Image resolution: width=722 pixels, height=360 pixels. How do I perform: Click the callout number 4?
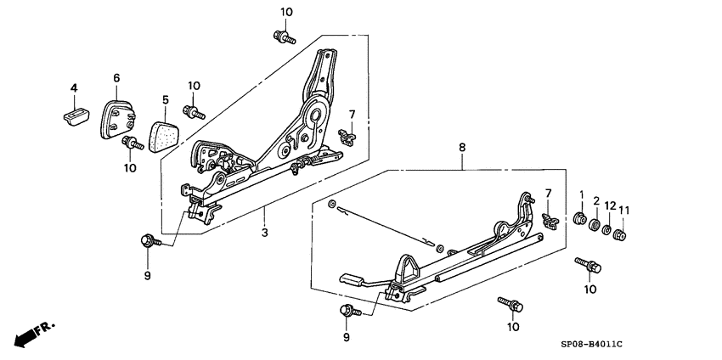pyautogui.click(x=74, y=87)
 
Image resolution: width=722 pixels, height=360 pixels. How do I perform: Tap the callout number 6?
pyautogui.click(x=116, y=78)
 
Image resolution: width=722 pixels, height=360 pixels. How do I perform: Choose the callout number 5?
pyautogui.click(x=165, y=99)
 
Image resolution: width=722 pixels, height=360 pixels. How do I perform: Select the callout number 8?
pyautogui.click(x=462, y=148)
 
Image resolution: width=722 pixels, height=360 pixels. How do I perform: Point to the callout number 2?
pyautogui.click(x=595, y=202)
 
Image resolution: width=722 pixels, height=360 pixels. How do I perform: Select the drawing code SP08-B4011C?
pyautogui.click(x=590, y=343)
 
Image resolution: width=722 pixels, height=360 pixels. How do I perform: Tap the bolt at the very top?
pyautogui.click(x=282, y=36)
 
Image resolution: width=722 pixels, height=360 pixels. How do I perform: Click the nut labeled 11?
pyautogui.click(x=620, y=234)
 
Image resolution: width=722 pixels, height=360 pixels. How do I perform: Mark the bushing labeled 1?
pyautogui.click(x=581, y=222)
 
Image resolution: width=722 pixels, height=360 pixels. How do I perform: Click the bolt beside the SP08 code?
pyautogui.click(x=510, y=303)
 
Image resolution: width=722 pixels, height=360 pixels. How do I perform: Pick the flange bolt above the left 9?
pyautogui.click(x=148, y=241)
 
